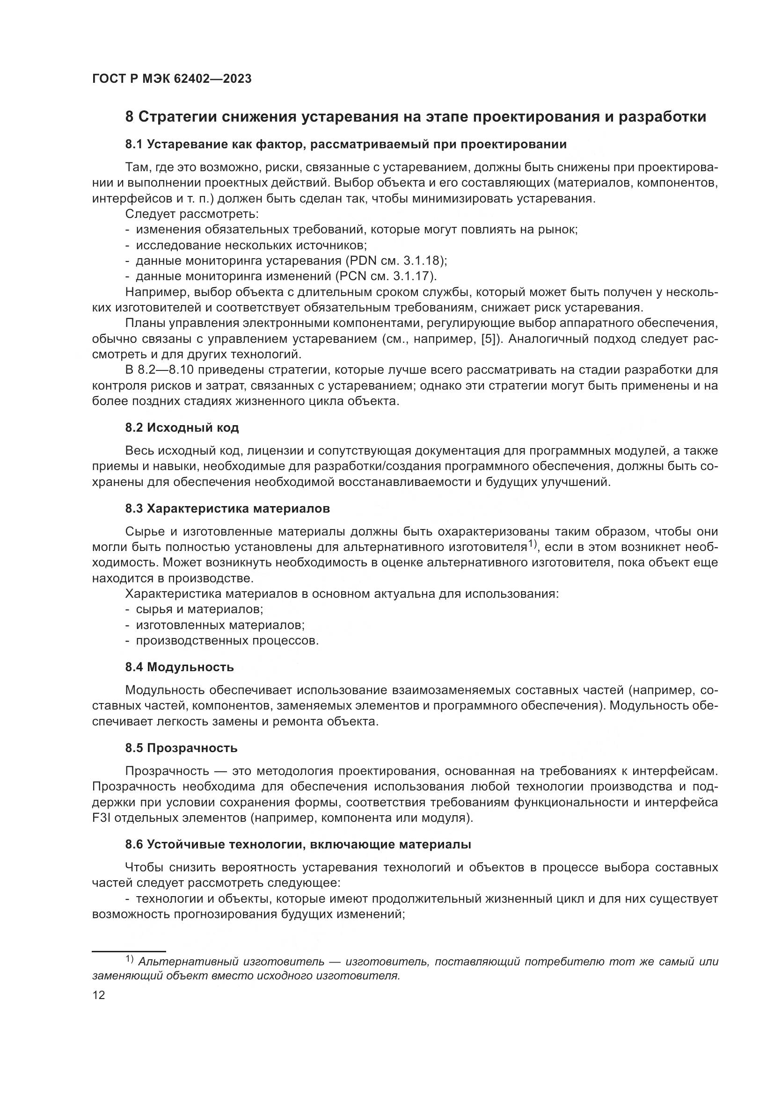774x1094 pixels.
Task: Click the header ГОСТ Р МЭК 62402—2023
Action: pyautogui.click(x=172, y=79)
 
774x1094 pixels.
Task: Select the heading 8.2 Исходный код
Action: pyautogui.click(x=182, y=427)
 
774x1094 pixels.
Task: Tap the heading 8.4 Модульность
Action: pyautogui.click(x=180, y=667)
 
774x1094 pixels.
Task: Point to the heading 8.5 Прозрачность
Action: pyautogui.click(x=181, y=747)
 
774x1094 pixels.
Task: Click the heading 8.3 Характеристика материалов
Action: pyautogui.click(x=227, y=508)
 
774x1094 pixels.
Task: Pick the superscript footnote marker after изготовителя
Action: pyautogui.click(x=533, y=543)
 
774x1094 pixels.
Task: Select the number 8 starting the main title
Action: pyautogui.click(x=129, y=117)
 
